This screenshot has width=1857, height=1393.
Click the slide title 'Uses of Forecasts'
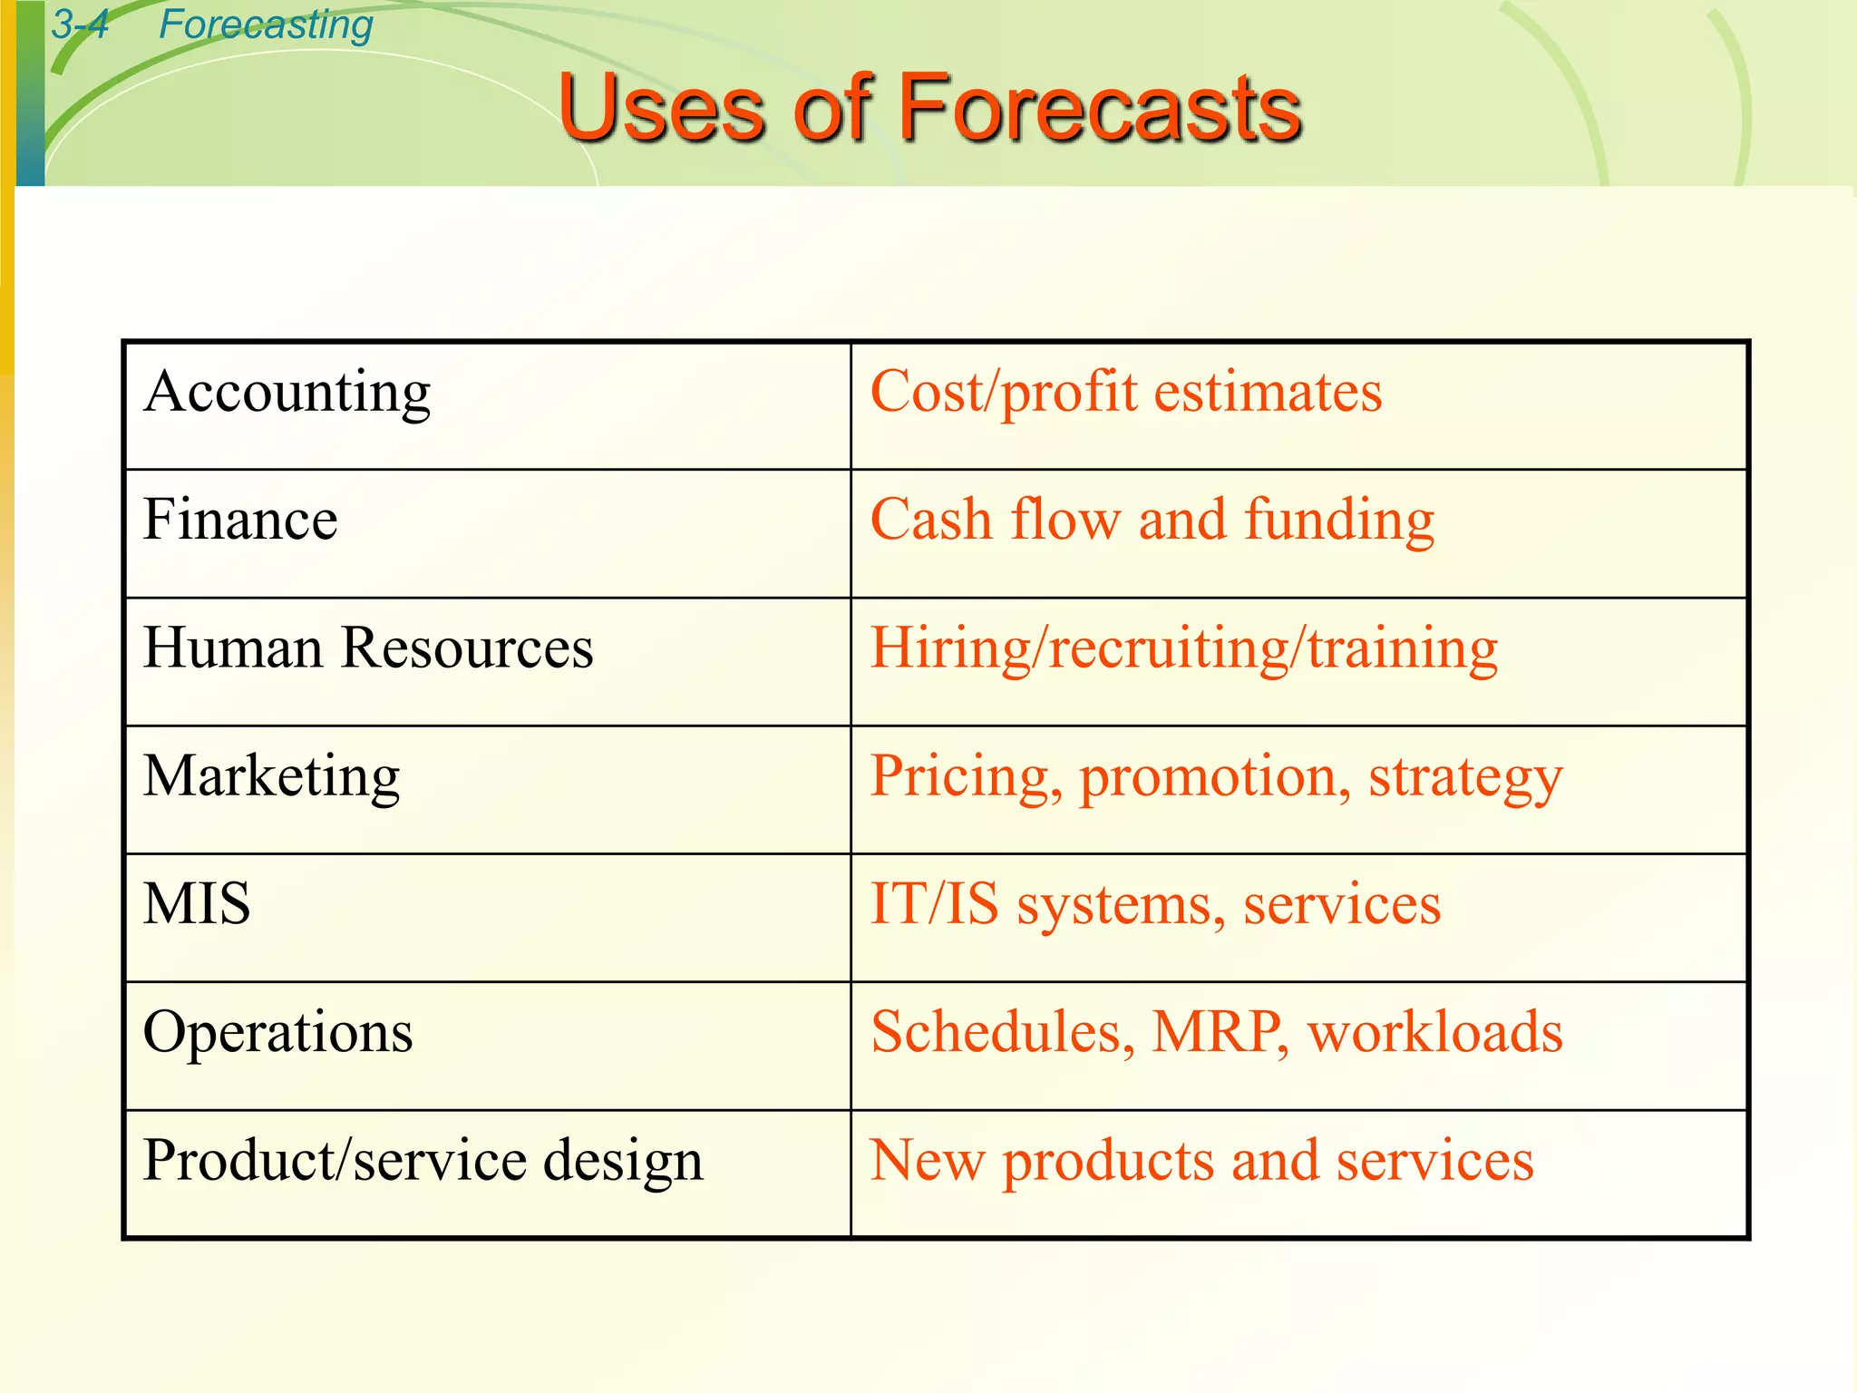[x=930, y=109]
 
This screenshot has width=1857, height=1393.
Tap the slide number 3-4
[x=80, y=24]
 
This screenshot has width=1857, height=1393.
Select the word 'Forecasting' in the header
[x=266, y=24]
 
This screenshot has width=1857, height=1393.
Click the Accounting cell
[x=287, y=393]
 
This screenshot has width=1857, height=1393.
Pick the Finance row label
[x=240, y=520]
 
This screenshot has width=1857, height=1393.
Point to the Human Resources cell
[x=368, y=648]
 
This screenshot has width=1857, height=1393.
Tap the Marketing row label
[x=272, y=776]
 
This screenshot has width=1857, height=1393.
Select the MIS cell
[x=197, y=904]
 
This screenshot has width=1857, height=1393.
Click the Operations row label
[x=277, y=1032]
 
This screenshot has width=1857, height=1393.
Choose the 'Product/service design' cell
[x=423, y=1161]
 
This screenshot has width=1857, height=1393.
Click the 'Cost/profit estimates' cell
[x=1126, y=393]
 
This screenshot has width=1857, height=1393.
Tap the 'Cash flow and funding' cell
[x=1152, y=521]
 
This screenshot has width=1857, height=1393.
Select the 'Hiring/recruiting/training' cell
[x=1183, y=648]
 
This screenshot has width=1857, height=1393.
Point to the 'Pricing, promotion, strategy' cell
[x=1216, y=777]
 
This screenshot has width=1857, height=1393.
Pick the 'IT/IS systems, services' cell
[x=1155, y=904]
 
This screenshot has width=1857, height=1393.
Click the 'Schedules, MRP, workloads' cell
[x=1216, y=1032]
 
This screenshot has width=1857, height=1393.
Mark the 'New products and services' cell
[x=1201, y=1161]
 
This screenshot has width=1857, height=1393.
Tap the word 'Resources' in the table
[x=467, y=648]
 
